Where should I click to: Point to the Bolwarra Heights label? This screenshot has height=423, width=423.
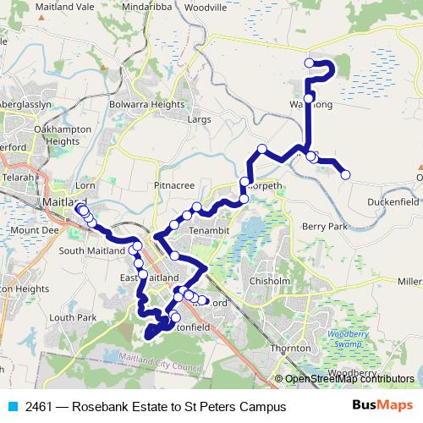[x=146, y=104]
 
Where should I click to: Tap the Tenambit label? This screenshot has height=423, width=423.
[x=209, y=230]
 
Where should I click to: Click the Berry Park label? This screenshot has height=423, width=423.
[x=325, y=227]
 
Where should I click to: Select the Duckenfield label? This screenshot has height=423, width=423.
[x=393, y=202]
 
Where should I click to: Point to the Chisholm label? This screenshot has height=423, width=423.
[x=271, y=282]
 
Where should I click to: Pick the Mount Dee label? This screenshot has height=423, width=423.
[x=35, y=230]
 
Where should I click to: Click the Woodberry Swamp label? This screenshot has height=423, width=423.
[x=342, y=339]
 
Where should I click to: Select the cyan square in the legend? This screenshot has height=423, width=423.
[x=11, y=407]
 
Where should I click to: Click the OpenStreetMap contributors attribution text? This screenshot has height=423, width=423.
[x=349, y=379]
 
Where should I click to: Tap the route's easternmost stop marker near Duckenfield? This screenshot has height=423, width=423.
[x=345, y=174]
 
